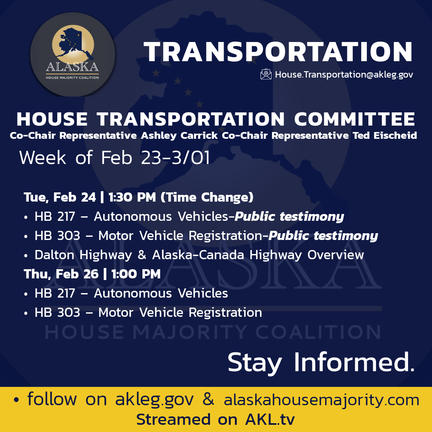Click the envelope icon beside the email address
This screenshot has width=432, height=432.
266,74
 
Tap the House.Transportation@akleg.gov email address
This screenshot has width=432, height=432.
344,75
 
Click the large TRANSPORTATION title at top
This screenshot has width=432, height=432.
278,52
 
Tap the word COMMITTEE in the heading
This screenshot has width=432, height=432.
355,119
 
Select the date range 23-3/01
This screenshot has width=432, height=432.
175,158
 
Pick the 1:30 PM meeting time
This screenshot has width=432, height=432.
132,197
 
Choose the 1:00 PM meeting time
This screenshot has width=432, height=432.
136,274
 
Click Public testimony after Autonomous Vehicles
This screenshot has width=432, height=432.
289,216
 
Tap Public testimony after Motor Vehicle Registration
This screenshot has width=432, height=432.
323,236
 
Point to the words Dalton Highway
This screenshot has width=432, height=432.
83,255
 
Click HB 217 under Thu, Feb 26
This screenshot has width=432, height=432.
55,293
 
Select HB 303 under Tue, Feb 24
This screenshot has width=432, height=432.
57,236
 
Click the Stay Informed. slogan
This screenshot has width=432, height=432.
321,362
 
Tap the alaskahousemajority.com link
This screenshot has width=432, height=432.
322,400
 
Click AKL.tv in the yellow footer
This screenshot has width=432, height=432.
270,420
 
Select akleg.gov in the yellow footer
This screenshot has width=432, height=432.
154,400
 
